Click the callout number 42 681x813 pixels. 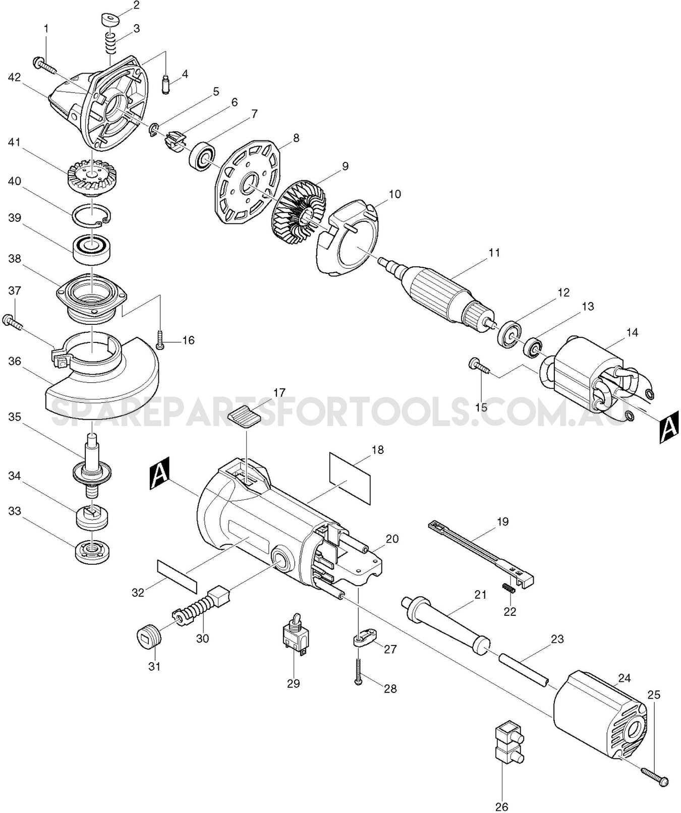coord(15,78)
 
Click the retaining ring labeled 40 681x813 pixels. coord(91,216)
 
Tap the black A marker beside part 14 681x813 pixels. coord(669,429)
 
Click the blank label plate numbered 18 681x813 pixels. coord(350,478)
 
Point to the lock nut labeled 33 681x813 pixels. coord(93,551)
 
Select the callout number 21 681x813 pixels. coord(480,595)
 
